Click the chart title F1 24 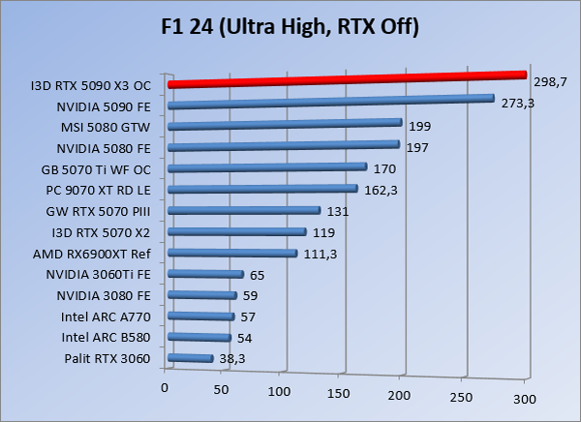click(x=290, y=26)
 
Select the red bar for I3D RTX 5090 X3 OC click(x=347, y=79)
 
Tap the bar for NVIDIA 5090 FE click(x=331, y=102)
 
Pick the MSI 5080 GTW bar click(x=285, y=124)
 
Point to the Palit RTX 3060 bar click(x=190, y=358)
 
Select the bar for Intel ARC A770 click(x=201, y=316)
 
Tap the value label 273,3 click(x=516, y=104)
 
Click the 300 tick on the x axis click(x=525, y=398)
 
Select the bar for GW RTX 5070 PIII click(x=244, y=210)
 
